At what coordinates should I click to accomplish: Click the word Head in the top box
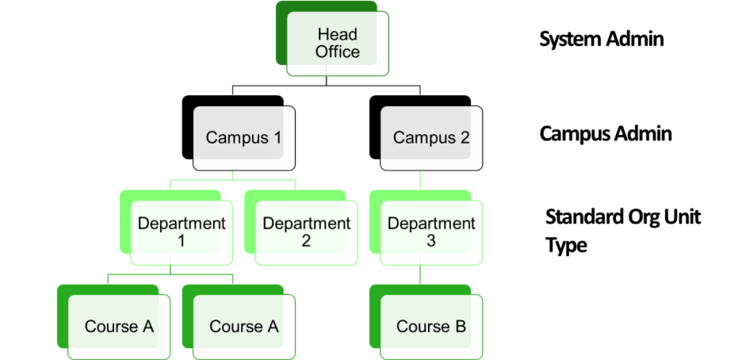click(x=337, y=34)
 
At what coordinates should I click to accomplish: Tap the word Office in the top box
click(x=337, y=52)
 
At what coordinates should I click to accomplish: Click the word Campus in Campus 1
click(x=237, y=137)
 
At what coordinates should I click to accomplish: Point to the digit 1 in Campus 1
click(x=277, y=137)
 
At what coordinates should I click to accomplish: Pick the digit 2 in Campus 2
click(x=465, y=137)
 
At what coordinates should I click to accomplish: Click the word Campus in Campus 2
click(x=424, y=137)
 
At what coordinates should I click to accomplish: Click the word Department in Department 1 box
click(x=182, y=223)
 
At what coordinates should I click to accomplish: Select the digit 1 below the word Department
click(x=182, y=241)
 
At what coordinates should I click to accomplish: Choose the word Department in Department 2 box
click(x=306, y=223)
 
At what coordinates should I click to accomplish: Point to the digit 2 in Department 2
click(x=306, y=241)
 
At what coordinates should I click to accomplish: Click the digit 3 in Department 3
click(x=431, y=241)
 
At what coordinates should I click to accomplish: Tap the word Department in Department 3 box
click(x=431, y=223)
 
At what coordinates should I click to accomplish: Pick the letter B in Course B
click(x=460, y=326)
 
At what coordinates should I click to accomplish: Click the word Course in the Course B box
click(x=423, y=326)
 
